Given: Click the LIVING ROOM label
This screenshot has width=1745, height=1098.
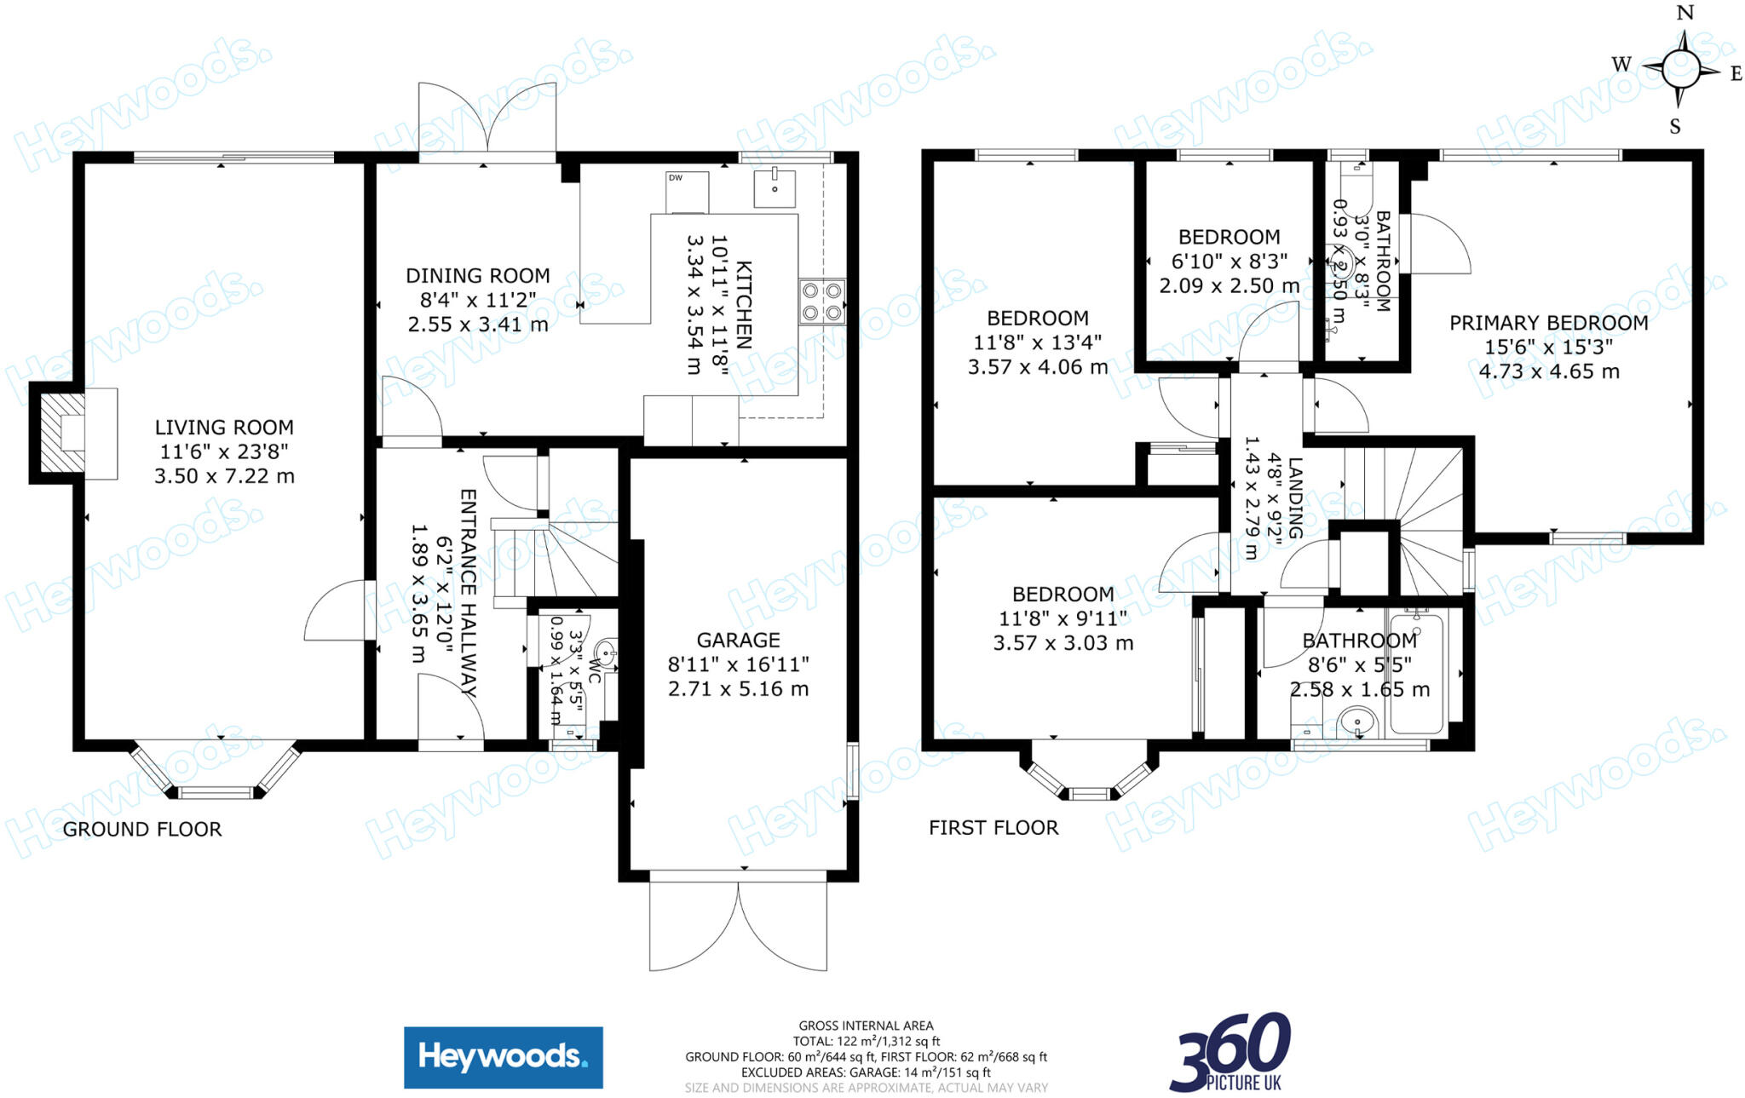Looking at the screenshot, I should click(224, 428).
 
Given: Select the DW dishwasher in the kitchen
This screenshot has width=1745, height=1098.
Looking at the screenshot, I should click(687, 193).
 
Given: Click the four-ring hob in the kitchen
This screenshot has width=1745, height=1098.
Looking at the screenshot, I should click(821, 302).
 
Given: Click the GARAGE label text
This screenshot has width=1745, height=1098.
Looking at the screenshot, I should click(738, 641).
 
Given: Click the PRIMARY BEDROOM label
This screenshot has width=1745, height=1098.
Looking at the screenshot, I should click(1548, 324).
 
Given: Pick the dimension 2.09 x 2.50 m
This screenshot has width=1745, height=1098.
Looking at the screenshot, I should click(1229, 286).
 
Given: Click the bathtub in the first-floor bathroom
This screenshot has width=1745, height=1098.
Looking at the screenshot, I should click(1416, 673).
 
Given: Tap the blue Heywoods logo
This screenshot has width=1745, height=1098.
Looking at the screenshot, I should click(503, 1057).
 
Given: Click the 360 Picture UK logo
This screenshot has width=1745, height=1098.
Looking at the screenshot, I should click(1230, 1053).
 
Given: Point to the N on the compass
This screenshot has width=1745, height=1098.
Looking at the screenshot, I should click(1685, 13).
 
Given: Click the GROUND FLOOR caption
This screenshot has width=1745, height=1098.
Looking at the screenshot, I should click(142, 830).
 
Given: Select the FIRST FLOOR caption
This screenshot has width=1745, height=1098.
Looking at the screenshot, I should click(993, 828).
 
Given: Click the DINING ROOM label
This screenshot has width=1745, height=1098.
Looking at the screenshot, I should click(477, 276).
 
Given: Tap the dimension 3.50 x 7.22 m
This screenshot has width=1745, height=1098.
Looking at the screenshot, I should click(224, 476).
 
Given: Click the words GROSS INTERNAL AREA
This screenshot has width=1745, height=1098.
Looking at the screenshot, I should click(866, 1026).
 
